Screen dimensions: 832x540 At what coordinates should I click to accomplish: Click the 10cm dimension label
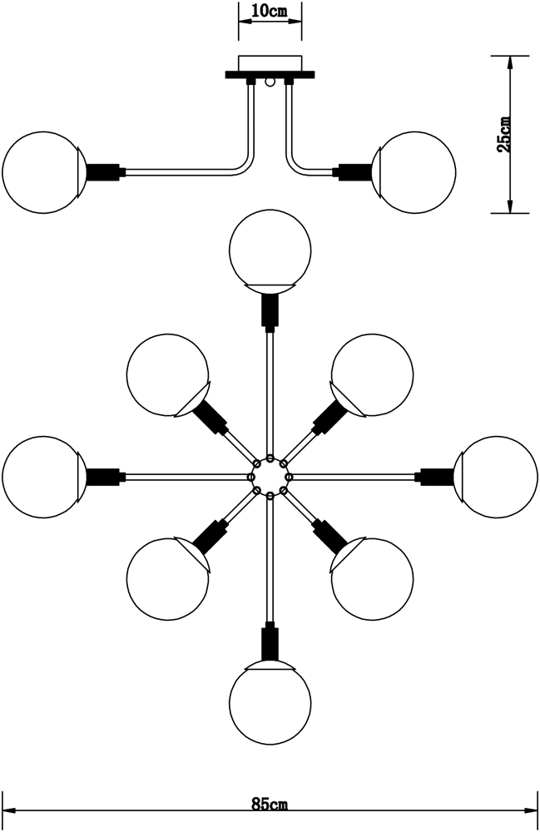270,11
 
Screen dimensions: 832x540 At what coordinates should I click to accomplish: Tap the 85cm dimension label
270,805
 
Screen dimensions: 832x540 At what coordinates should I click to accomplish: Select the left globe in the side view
42,172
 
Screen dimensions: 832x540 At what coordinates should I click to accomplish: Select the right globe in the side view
415,171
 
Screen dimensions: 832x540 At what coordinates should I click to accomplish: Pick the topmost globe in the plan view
270,249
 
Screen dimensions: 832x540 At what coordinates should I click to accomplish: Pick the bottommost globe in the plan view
270,704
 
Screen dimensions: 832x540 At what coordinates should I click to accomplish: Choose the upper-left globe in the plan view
167,375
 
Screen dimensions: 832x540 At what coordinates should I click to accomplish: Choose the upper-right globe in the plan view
373,375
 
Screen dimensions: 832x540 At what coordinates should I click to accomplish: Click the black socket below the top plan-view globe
270,311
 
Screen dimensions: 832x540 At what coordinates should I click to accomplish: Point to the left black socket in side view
103,172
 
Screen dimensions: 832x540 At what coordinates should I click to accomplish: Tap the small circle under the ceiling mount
270,82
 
